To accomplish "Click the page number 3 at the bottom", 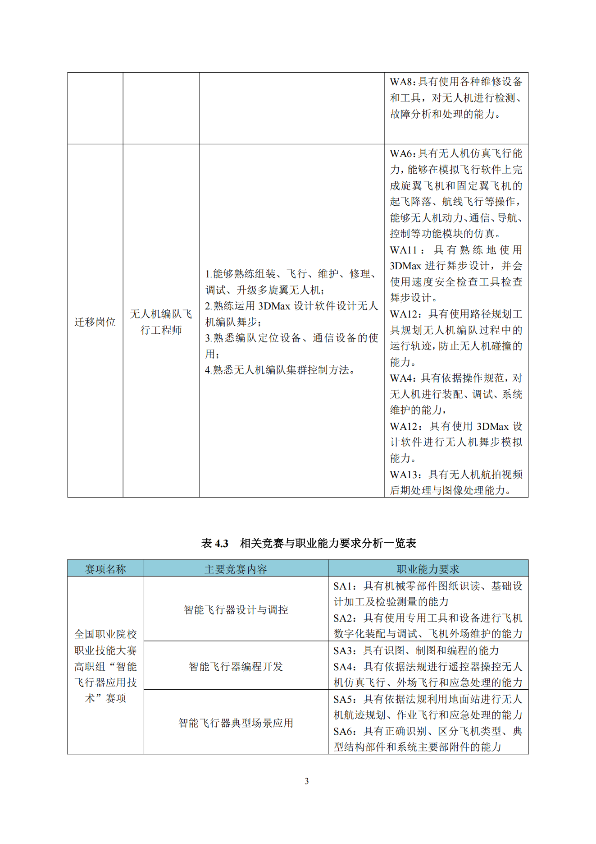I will point(307,781).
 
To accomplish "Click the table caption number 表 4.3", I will point(215,543).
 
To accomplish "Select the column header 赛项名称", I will point(105,569).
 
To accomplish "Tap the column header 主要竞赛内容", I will point(236,569).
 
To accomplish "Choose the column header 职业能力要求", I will point(428,569).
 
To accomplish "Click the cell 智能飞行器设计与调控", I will point(236,610).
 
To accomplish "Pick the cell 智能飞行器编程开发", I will point(236,666).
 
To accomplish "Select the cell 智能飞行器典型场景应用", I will point(236,723).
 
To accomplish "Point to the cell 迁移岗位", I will point(95,322).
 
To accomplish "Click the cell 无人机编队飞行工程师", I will point(161,322).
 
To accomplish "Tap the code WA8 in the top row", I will point(401,82).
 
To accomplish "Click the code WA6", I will point(401,153).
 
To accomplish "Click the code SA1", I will point(345,586).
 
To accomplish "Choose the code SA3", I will point(345,650).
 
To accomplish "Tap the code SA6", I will point(345,731).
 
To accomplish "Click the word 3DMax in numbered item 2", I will point(274,306).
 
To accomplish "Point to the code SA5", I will point(345,699).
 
